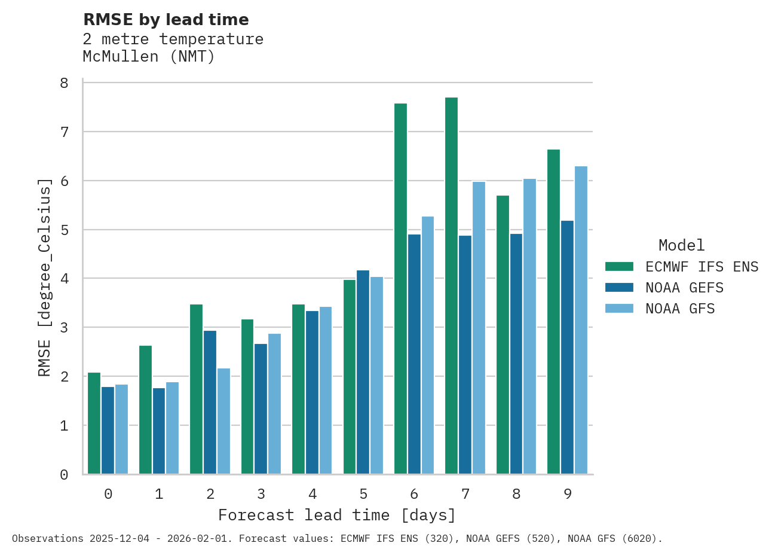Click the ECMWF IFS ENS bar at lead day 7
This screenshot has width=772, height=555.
pos(451,286)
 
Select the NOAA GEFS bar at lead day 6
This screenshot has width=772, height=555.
pos(414,354)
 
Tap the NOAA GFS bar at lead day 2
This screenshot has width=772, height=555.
pos(223,421)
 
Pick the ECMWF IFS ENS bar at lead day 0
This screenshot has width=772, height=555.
pos(94,423)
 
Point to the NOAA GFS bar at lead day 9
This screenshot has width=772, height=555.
pos(581,320)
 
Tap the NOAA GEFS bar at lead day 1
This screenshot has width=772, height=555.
pos(159,431)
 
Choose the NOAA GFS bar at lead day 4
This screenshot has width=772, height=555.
pos(326,391)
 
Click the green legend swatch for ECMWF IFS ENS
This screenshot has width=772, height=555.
pos(619,267)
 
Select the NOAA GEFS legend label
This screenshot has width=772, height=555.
pos(684,288)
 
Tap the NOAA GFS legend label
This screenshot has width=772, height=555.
pos(680,309)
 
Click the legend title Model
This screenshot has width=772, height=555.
pos(681,245)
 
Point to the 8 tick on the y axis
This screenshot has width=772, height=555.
pos(65,83)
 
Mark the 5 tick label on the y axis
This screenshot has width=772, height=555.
pos(65,230)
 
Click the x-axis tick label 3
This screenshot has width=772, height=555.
pos(261,494)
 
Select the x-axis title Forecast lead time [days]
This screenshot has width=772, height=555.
pos(337,515)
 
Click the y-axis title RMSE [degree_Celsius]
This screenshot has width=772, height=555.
pos(45,277)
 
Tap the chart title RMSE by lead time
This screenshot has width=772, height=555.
pos(166,20)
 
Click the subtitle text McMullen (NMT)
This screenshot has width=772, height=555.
pos(149,57)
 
